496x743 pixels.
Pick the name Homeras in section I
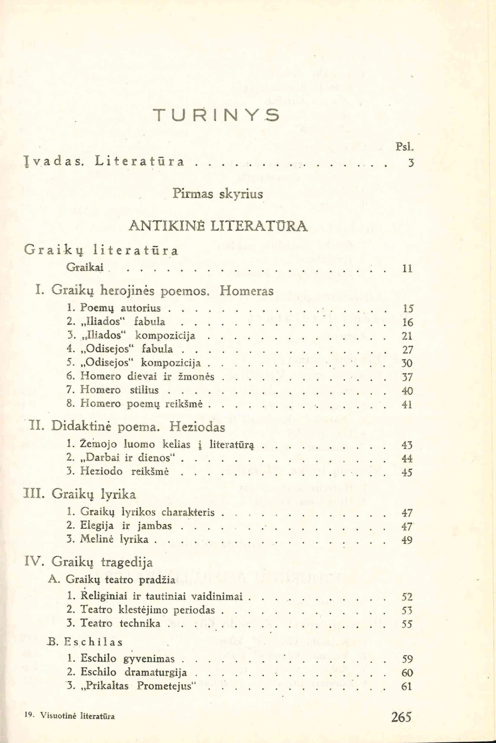[246, 290]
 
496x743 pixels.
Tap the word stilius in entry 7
[144, 390]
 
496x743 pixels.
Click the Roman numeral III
[34, 494]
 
